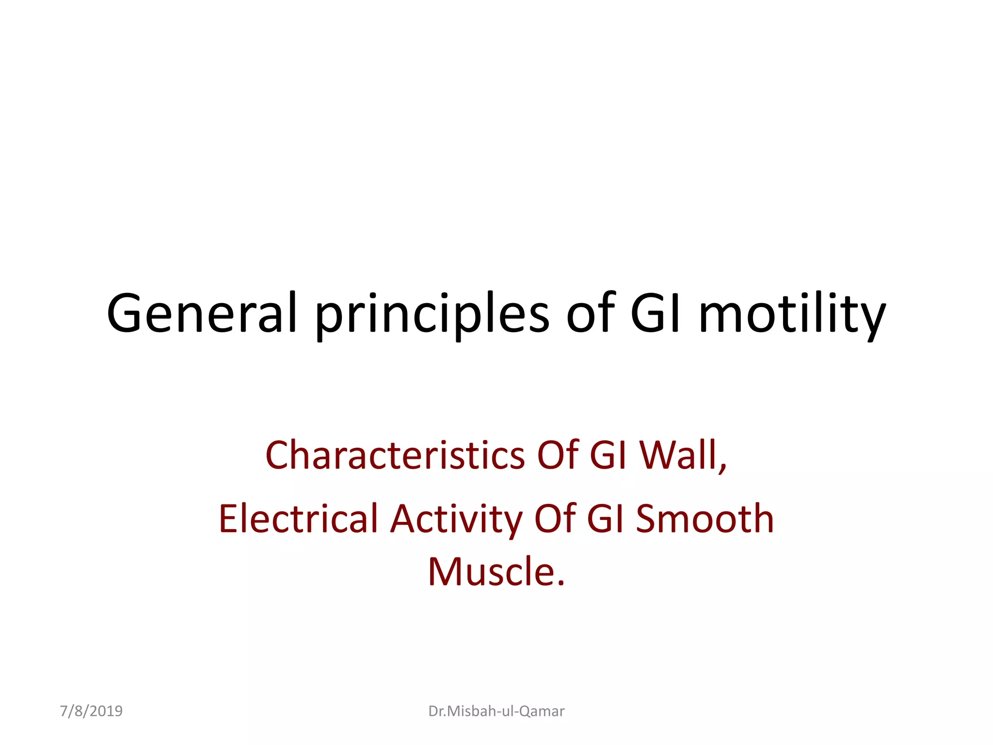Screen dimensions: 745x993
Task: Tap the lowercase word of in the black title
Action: [590, 313]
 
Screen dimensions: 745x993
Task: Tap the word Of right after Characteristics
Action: [558, 455]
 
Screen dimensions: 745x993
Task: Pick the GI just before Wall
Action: [609, 455]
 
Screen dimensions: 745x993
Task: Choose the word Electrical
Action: [298, 518]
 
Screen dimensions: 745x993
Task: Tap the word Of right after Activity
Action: [555, 518]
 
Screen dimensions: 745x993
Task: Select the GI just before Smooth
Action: [606, 518]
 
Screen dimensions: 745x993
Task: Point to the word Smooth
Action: [705, 518]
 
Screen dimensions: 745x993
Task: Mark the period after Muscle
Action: [561, 583]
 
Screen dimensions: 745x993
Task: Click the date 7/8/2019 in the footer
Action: [91, 711]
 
